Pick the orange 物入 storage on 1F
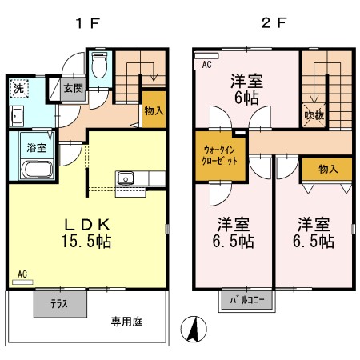[x=154, y=111]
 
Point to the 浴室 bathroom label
[x=35, y=148]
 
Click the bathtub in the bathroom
[x=35, y=170]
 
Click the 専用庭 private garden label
[x=126, y=322]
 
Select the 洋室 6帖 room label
[x=246, y=90]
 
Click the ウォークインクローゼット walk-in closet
[x=220, y=154]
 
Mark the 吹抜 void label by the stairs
[x=314, y=114]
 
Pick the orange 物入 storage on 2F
[x=327, y=169]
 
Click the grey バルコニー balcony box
[x=246, y=302]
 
